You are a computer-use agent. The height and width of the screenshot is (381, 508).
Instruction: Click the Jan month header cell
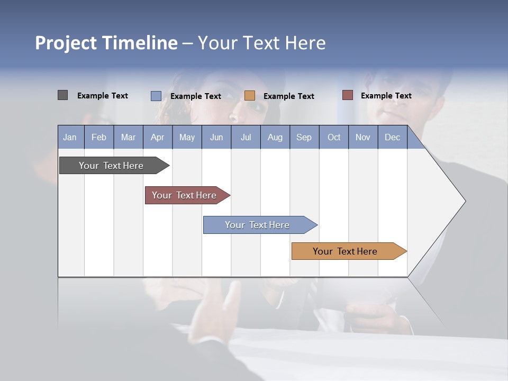coord(70,137)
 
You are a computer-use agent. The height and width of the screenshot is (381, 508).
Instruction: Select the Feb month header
coord(99,137)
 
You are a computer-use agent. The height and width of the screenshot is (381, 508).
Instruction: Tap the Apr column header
coord(158,137)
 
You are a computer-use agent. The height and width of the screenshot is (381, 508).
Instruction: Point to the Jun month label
coord(216,137)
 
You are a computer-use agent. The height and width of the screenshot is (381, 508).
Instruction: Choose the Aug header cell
coord(275,137)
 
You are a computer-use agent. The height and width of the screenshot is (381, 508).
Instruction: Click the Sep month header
coord(304,137)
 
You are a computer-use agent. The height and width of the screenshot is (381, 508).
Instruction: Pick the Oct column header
coord(334,137)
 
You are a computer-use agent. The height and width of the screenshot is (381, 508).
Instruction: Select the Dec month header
coord(393,137)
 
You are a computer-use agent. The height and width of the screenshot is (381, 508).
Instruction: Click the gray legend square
coord(62,95)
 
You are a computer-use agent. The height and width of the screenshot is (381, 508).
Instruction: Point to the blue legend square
coord(156,96)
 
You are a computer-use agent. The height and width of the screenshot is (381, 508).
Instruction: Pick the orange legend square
coord(250,96)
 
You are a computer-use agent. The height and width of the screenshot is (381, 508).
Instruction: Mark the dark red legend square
coord(348,95)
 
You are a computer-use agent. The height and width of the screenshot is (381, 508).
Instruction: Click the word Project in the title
coord(66,43)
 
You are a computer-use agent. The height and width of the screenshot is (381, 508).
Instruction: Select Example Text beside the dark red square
coord(386,96)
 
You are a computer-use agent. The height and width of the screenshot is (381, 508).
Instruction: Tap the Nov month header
coord(363,137)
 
